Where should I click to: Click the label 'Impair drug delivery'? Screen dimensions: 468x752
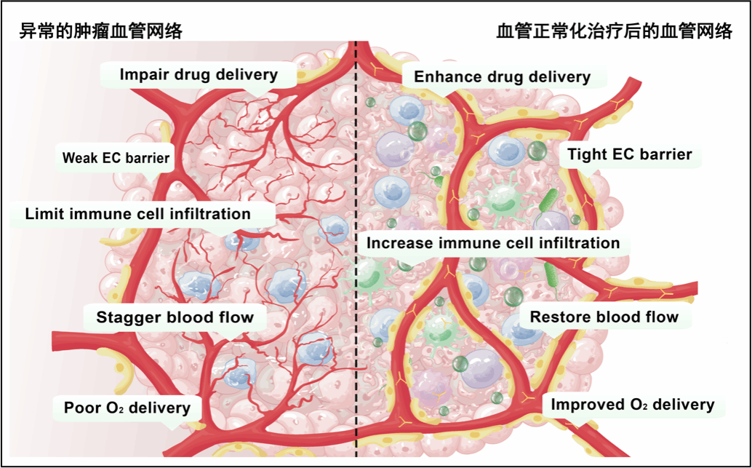coord(198,74)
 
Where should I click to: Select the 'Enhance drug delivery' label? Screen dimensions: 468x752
coord(502,77)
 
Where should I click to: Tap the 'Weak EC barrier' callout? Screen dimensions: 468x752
coord(116,157)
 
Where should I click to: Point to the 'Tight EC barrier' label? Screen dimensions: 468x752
coord(629,154)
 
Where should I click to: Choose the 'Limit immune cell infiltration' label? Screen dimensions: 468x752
coord(137,214)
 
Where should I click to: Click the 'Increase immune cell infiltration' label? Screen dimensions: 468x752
coord(492,243)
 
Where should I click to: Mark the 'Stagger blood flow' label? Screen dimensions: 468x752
coord(175,317)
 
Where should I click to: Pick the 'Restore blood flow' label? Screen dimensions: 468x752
coord(604,317)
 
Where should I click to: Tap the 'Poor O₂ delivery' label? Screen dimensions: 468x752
coord(127,408)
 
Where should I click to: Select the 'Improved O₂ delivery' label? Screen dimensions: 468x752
coord(632,405)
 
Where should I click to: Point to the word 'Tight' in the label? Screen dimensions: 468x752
coord(586,154)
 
